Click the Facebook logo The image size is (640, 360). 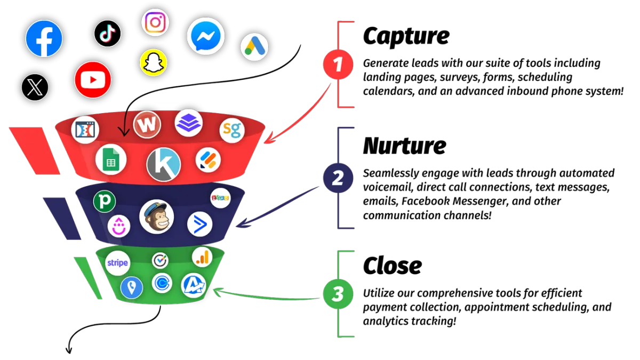(44, 38)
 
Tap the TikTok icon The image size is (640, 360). (107, 34)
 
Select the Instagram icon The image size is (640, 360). (155, 22)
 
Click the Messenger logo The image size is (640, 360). (205, 36)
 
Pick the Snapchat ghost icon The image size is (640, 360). (153, 62)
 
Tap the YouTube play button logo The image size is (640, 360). (93, 80)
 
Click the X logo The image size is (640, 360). (35, 87)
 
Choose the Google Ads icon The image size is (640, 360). (254, 47)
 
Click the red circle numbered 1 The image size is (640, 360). (338, 65)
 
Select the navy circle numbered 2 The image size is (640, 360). (338, 178)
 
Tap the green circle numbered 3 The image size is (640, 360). (338, 294)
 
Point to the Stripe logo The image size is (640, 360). (117, 263)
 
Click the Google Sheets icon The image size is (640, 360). (111, 160)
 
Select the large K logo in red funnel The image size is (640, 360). (163, 164)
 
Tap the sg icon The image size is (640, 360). (232, 130)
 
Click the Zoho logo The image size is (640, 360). (220, 198)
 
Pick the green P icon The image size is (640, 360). (105, 202)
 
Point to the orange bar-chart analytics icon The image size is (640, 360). (203, 257)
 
